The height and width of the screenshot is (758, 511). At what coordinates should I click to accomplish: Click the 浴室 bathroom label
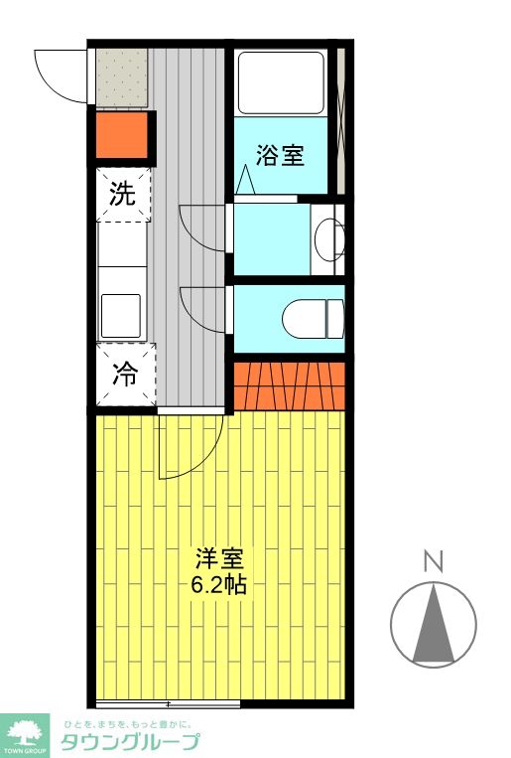(x=280, y=155)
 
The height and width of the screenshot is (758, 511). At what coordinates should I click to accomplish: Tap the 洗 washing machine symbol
(x=122, y=194)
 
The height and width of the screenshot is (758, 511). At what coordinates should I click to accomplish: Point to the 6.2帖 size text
(x=219, y=584)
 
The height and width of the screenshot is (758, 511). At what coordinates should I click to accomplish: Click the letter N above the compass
(x=433, y=562)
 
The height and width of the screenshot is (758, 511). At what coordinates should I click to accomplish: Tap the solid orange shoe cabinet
(x=125, y=136)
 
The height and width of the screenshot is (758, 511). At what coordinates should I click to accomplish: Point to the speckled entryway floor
(x=122, y=77)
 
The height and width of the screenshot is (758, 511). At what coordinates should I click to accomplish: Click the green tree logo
(x=24, y=734)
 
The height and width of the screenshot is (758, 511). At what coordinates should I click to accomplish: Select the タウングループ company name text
(x=130, y=741)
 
